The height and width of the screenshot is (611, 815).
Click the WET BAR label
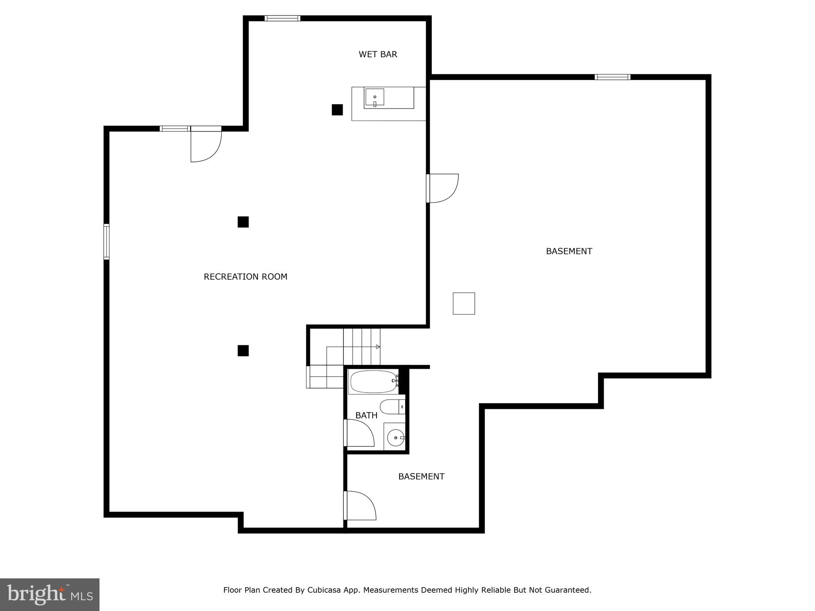378,54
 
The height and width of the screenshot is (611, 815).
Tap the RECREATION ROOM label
245,277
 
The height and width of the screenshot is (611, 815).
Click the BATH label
366,416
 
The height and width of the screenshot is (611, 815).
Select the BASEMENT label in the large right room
569,251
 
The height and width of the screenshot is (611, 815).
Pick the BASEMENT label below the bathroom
421,477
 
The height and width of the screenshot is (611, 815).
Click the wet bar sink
374,97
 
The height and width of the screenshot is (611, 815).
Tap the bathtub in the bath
373,382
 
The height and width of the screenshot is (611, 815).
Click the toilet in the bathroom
392,407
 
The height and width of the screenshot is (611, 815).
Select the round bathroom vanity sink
396,438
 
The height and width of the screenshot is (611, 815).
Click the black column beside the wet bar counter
337,110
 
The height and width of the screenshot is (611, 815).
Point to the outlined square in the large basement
464,304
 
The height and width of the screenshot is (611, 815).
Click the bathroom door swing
359,433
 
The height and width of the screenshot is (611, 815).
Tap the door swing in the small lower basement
360,506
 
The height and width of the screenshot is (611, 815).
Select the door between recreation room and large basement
443,188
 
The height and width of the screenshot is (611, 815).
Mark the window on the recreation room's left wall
106,242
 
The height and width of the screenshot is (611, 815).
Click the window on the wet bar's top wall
282,18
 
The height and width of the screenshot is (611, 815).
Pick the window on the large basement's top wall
612,77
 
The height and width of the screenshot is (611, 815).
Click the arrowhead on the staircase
378,347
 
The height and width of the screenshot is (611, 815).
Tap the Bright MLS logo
50,594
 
